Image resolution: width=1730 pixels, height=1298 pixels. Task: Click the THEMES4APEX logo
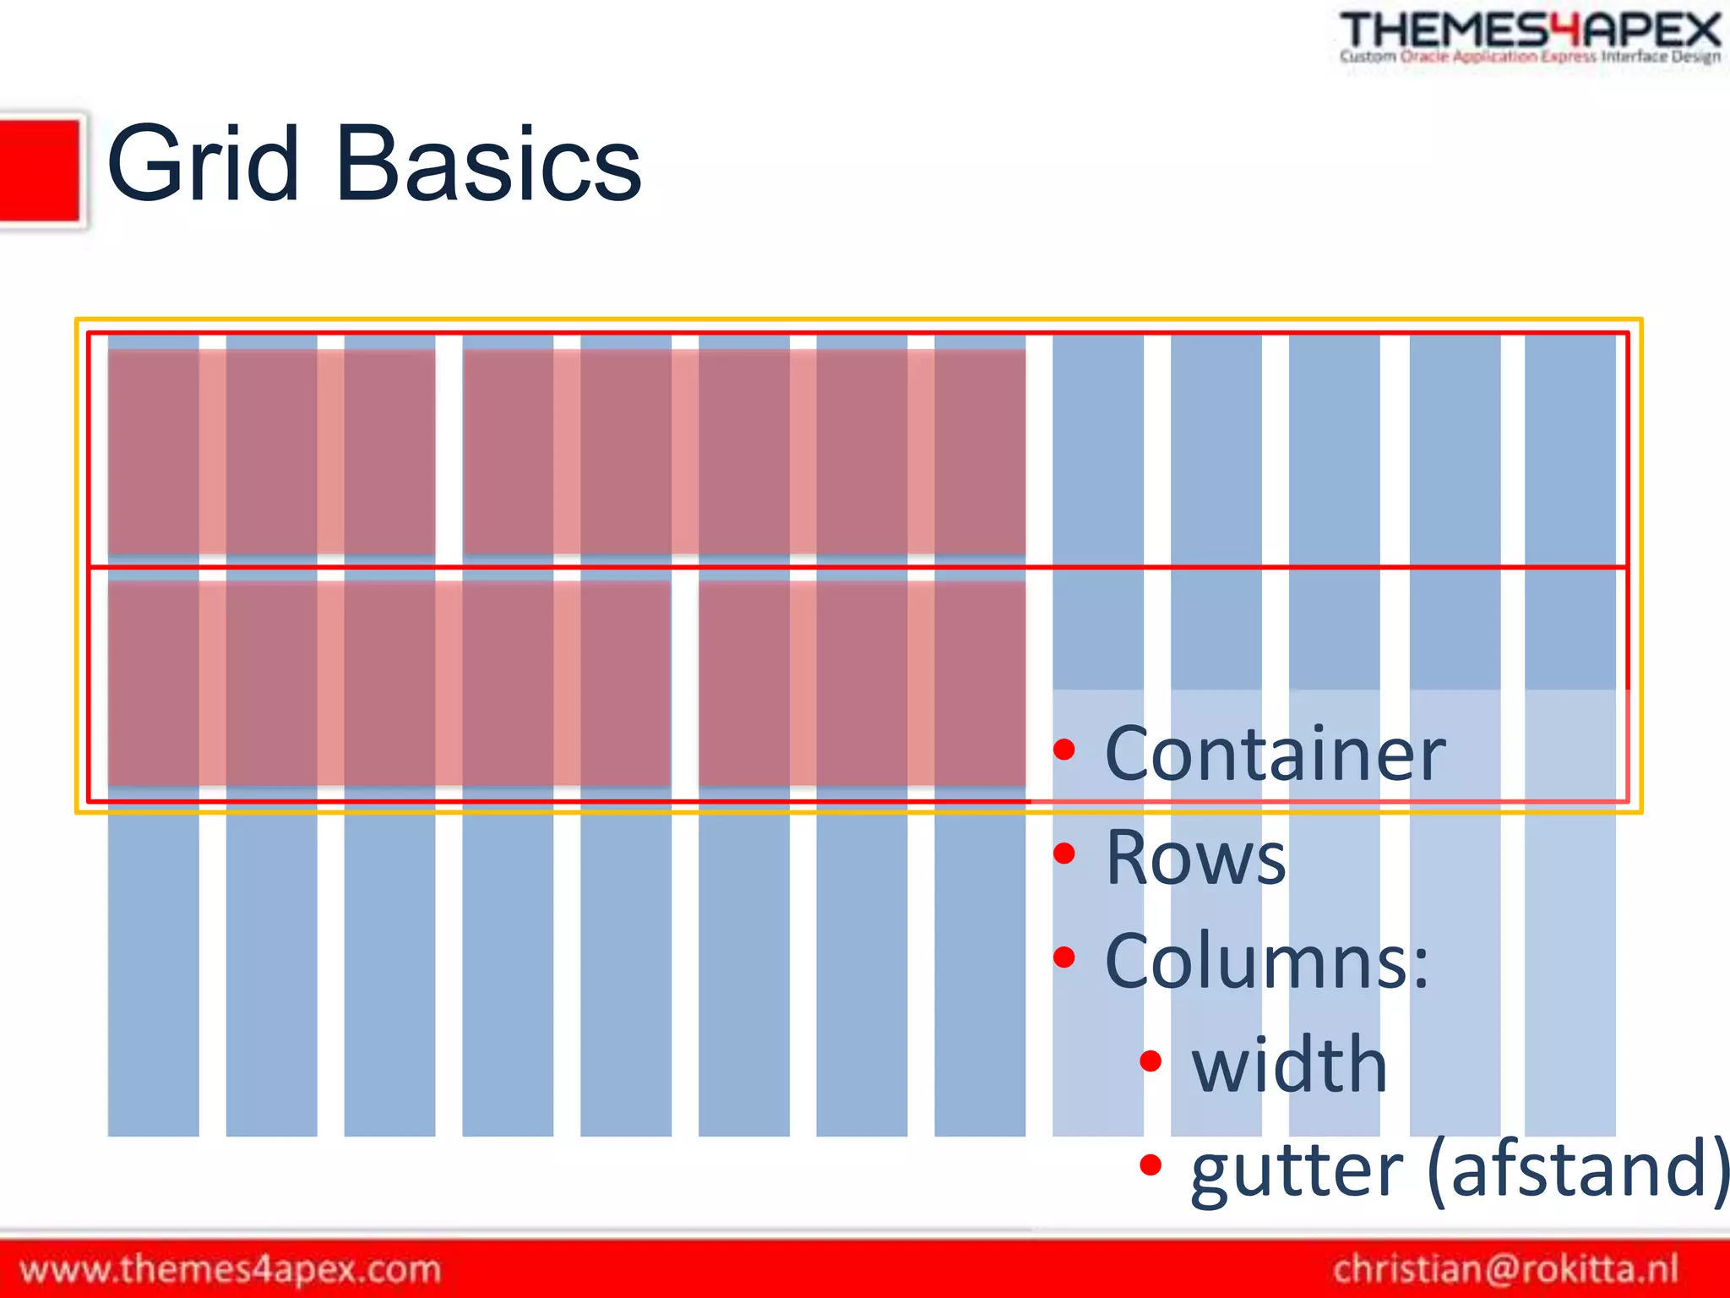point(1529,31)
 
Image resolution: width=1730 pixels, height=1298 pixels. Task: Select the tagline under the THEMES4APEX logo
point(1529,57)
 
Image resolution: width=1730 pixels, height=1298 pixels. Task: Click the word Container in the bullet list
point(1274,754)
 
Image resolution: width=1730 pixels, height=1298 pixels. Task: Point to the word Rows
point(1195,858)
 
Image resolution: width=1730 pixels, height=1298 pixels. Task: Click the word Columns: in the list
point(1265,962)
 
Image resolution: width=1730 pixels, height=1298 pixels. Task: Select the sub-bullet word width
point(1288,1065)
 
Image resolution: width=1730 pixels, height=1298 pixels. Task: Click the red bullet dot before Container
point(1064,749)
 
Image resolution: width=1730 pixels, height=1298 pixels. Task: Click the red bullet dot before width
point(1151,1061)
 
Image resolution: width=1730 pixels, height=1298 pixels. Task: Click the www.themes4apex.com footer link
point(230,1269)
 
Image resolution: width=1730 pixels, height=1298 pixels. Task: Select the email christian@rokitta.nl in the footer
point(1505,1269)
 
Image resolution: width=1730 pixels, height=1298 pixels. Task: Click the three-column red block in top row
point(271,452)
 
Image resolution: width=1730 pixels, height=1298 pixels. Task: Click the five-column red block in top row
point(743,452)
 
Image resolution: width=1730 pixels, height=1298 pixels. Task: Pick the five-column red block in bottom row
point(389,683)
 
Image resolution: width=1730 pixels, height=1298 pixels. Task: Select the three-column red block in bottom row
point(862,683)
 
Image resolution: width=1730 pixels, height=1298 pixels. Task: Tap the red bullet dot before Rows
point(1064,854)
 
